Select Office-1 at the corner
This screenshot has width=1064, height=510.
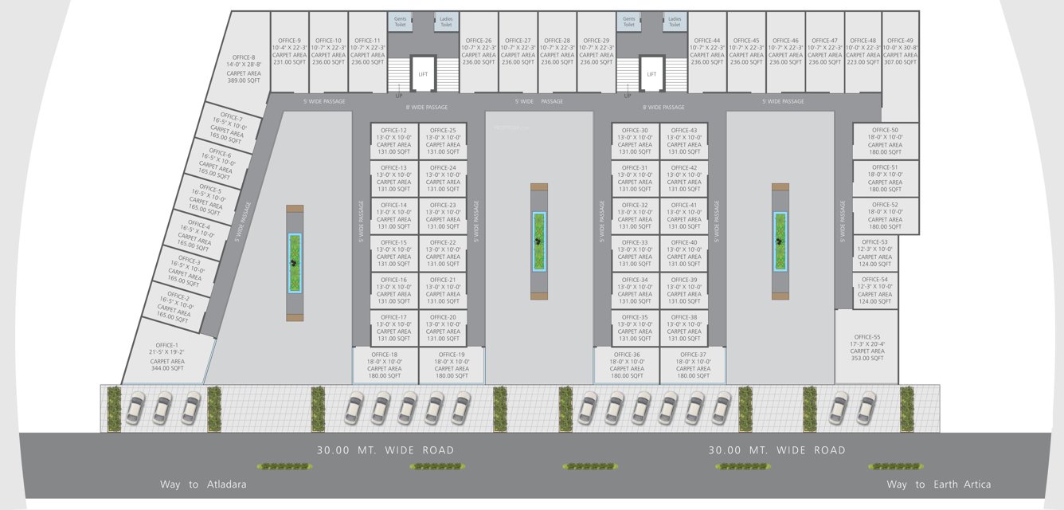click(168, 357)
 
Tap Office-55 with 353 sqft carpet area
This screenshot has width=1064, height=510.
click(866, 347)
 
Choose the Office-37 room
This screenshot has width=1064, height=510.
click(692, 366)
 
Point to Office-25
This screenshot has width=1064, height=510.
click(442, 141)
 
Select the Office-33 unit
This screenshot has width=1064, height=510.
click(635, 253)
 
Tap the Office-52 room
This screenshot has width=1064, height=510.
click(884, 216)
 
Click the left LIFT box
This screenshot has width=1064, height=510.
click(423, 73)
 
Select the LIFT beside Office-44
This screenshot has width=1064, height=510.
click(651, 73)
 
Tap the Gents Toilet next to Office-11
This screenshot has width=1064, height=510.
click(400, 22)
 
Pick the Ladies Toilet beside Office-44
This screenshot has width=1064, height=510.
click(675, 22)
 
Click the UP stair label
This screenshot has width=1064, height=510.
click(399, 96)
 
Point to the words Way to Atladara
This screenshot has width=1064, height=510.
click(203, 484)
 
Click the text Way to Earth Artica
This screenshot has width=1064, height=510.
click(938, 484)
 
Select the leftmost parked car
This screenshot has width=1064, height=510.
click(135, 408)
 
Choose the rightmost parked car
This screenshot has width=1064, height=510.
click(866, 408)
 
